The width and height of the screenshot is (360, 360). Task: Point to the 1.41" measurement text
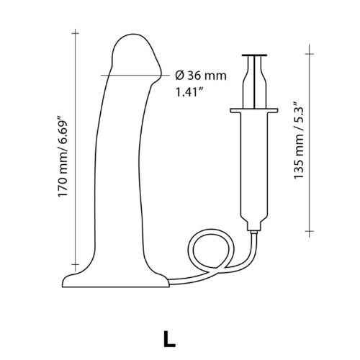189,92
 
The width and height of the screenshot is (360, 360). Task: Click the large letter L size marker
167,337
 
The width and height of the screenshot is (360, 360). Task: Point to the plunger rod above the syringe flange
257,83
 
